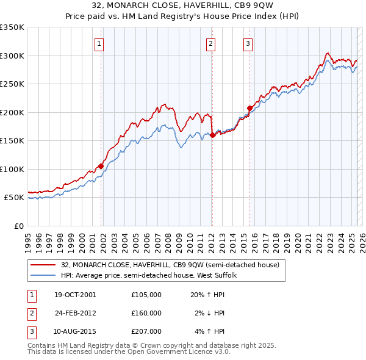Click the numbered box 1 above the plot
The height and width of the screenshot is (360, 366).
[x=99, y=43]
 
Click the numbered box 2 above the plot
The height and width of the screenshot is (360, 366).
[x=210, y=43]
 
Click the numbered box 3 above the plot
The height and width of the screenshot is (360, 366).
[x=248, y=43]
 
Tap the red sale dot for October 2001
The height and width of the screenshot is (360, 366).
[x=101, y=166]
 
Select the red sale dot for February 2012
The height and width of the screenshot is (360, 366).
[x=212, y=135]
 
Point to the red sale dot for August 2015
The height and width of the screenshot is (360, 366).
[x=249, y=109]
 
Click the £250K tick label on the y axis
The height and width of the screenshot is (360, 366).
[x=12, y=84]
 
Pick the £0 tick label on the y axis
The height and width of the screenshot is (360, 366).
[x=18, y=226]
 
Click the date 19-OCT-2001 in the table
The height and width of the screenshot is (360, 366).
[x=75, y=295]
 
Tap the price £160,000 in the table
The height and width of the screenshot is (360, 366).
[x=146, y=313]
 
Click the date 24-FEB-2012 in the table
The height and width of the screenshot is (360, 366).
[x=75, y=313]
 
